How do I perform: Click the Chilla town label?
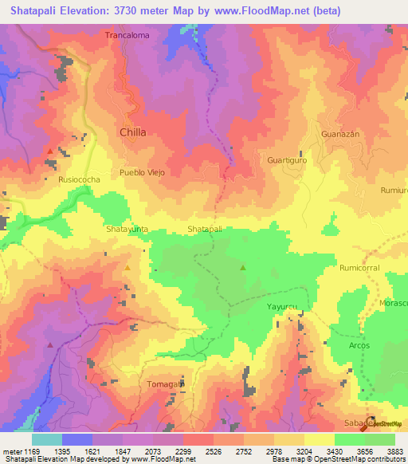tap(132, 132)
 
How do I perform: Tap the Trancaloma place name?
tap(127, 35)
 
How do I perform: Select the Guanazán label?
tap(341, 134)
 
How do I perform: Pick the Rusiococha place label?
tap(80, 180)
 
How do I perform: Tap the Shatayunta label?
tap(127, 229)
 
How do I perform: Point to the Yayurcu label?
tap(281, 306)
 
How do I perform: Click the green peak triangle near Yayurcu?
tap(243, 268)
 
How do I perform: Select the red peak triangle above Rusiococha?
tap(50, 151)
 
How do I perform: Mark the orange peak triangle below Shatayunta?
tap(127, 267)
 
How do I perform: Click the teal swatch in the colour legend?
tap(47, 439)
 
